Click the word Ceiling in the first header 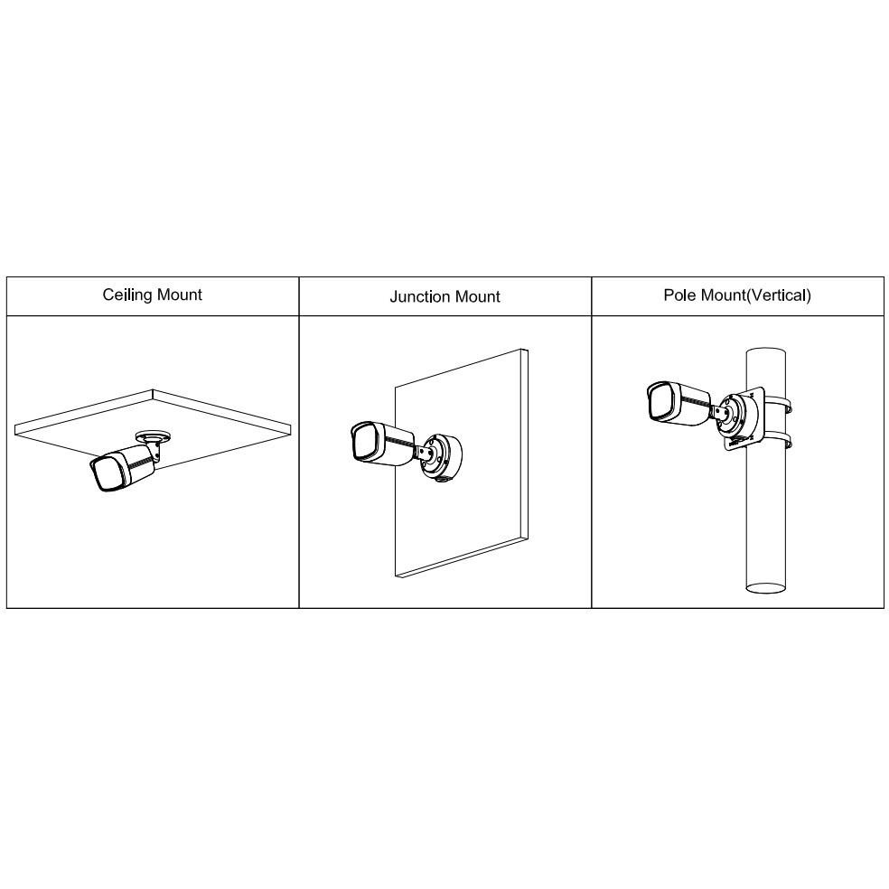(x=126, y=295)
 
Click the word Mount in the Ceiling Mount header (x=179, y=295)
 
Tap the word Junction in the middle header (x=418, y=296)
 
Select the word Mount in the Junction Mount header (x=475, y=296)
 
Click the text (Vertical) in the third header (x=777, y=295)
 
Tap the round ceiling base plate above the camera (x=153, y=436)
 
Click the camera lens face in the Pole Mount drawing (x=662, y=402)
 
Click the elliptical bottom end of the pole (x=766, y=587)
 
